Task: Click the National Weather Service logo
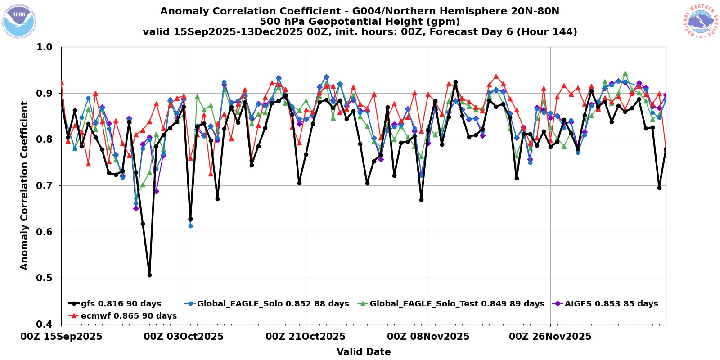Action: pyautogui.click(x=700, y=21)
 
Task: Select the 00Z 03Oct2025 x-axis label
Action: pyautogui.click(x=184, y=337)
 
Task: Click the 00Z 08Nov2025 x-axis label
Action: pyautogui.click(x=428, y=337)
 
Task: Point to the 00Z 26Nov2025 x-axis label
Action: pyautogui.click(x=550, y=337)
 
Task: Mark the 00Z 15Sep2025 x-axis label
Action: pyautogui.click(x=62, y=337)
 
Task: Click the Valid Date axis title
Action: pyautogui.click(x=364, y=352)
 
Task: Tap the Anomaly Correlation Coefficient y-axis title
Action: pyautogui.click(x=24, y=185)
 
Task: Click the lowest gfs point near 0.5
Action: pyautogui.click(x=149, y=275)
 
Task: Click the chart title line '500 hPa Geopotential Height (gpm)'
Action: pyautogui.click(x=360, y=22)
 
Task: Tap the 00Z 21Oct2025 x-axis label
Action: pyautogui.click(x=306, y=337)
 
